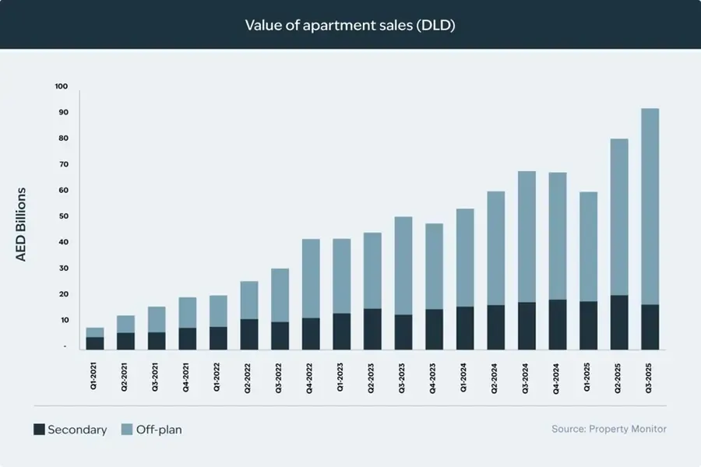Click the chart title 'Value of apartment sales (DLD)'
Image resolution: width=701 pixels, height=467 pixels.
click(x=350, y=25)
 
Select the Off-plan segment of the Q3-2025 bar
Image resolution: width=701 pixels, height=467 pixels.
click(x=650, y=206)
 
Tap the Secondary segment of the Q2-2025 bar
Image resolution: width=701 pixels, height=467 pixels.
click(x=619, y=322)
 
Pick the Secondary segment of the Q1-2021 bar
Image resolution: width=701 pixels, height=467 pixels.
click(x=95, y=342)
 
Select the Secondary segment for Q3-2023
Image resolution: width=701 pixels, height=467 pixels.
click(x=403, y=332)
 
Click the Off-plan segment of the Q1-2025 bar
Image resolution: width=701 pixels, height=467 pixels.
click(x=588, y=247)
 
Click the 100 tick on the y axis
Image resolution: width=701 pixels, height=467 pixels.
click(x=62, y=86)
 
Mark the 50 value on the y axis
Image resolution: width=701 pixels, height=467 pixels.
click(x=63, y=216)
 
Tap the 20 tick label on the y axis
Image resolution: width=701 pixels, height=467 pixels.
click(x=63, y=294)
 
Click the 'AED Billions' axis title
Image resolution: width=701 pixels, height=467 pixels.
click(x=21, y=223)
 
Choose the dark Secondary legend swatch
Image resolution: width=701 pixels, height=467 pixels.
click(x=38, y=429)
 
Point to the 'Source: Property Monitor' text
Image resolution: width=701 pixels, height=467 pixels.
click(x=608, y=429)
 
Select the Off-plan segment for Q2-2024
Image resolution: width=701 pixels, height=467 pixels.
click(x=496, y=248)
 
